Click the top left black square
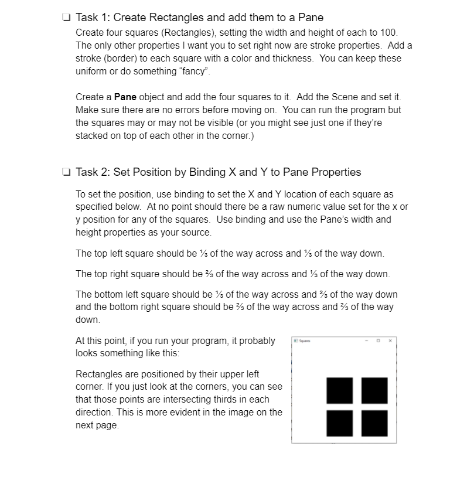tap(339, 390)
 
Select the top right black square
tap(374, 390)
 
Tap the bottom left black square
tap(339, 423)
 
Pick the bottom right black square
tap(374, 423)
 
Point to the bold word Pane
tap(125, 97)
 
